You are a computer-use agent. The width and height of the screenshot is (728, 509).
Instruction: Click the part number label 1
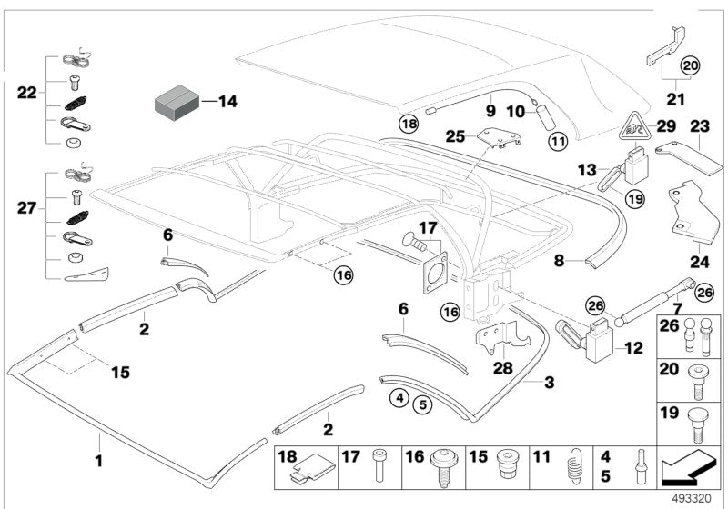[x=98, y=462]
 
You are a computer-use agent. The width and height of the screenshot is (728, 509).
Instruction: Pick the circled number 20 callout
[x=691, y=65]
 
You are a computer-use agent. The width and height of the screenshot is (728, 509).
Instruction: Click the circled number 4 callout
[x=399, y=397]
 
